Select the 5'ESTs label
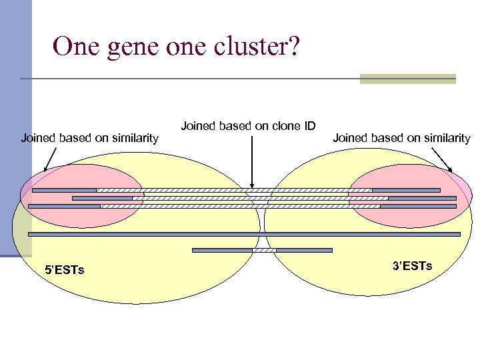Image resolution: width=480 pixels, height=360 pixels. [x=64, y=270]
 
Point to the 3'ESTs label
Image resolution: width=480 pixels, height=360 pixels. [x=412, y=266]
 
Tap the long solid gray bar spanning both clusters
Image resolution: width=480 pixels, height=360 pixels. [x=244, y=234]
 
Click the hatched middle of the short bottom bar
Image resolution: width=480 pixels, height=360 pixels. [x=264, y=250]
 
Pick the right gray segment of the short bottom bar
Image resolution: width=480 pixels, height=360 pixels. [x=304, y=250]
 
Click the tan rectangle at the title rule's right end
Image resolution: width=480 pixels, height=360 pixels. [x=407, y=79]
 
